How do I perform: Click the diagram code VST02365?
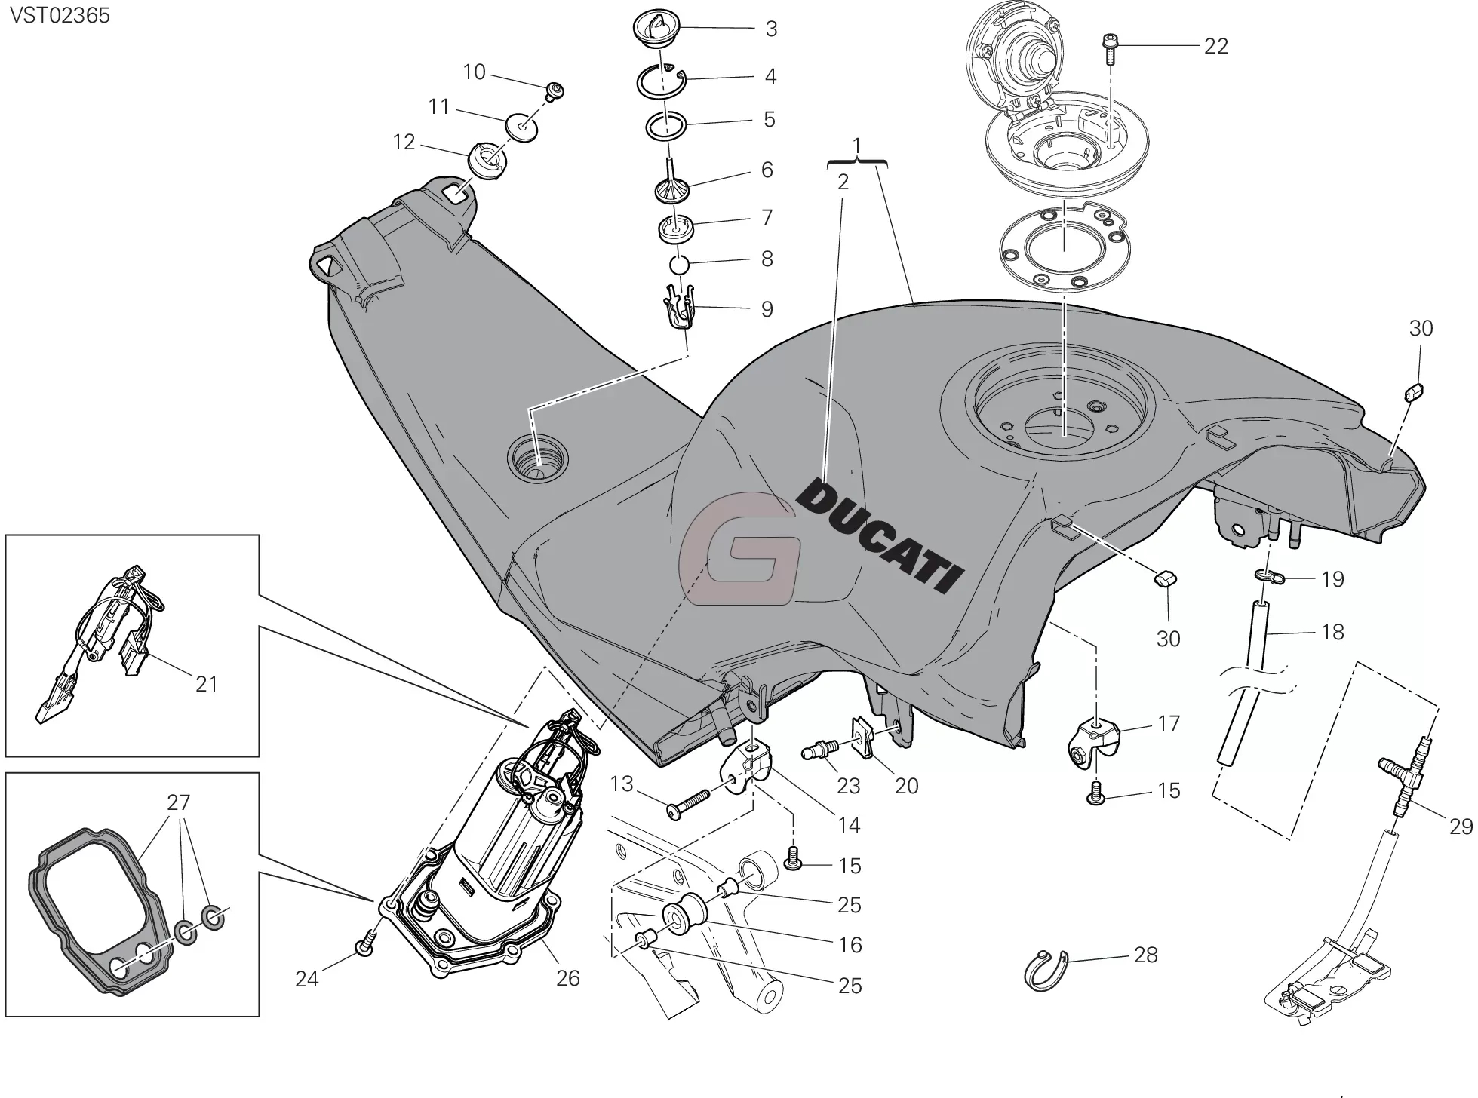[x=60, y=15]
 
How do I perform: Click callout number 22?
[x=1215, y=47]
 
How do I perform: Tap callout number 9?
[x=767, y=309]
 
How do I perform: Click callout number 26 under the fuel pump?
[x=568, y=978]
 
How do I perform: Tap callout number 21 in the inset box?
[x=206, y=684]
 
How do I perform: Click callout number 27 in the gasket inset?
[x=179, y=802]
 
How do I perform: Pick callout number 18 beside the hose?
[x=1333, y=632]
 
